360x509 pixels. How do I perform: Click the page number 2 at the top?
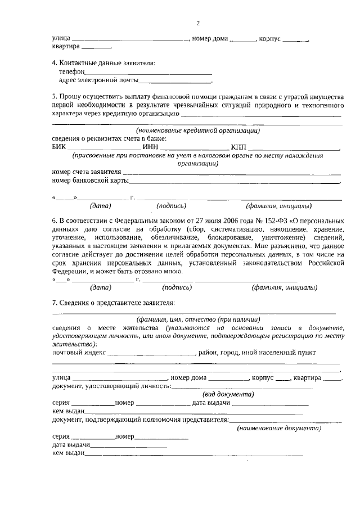pyautogui.click(x=198, y=23)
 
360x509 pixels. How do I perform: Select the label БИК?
pyautogui.click(x=58, y=148)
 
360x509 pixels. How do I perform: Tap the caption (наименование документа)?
pyautogui.click(x=279, y=429)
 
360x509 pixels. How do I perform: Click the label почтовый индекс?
pyautogui.click(x=78, y=353)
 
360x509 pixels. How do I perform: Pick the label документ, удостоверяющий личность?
pyautogui.click(x=111, y=386)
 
